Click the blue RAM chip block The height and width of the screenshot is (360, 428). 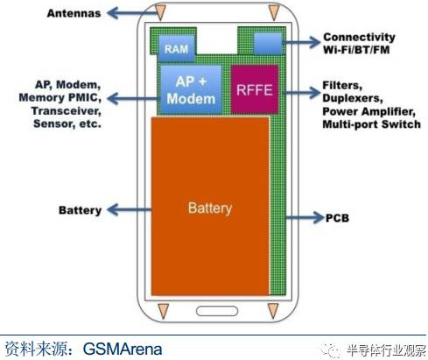click(x=177, y=48)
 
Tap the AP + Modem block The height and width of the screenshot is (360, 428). click(x=191, y=89)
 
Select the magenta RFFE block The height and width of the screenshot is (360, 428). click(x=255, y=89)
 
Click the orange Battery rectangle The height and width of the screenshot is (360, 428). click(x=210, y=206)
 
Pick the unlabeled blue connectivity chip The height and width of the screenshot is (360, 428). click(x=268, y=44)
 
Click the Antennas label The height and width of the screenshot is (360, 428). click(x=74, y=13)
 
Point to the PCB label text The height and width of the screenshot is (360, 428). click(x=337, y=218)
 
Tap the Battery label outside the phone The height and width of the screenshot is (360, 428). click(x=81, y=210)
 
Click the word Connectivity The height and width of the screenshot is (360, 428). click(x=359, y=37)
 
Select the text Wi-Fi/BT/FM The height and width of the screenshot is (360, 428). click(x=356, y=50)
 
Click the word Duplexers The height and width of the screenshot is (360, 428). click(x=353, y=98)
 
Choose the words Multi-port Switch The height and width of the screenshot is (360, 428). click(x=371, y=124)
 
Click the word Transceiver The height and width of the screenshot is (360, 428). click(x=67, y=111)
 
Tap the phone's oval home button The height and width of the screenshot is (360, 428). click(x=217, y=311)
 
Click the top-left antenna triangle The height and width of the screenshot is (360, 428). click(x=160, y=12)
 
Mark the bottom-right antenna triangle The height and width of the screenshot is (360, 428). click(x=273, y=311)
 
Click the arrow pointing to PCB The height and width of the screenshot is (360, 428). click(x=305, y=217)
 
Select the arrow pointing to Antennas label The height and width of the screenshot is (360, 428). click(x=133, y=13)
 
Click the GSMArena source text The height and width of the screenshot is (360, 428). click(x=123, y=349)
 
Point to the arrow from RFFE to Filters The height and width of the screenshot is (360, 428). click(x=301, y=93)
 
